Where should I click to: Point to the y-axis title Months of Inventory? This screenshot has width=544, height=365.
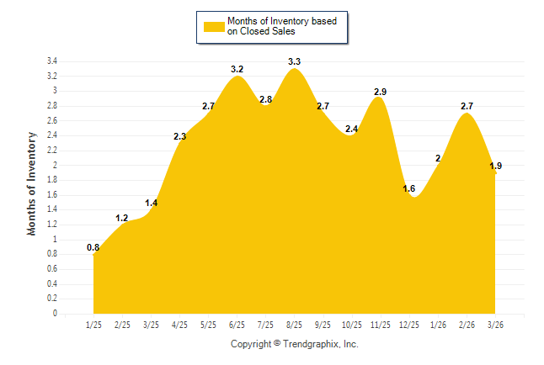click(32, 182)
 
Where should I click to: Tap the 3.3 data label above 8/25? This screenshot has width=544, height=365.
click(295, 61)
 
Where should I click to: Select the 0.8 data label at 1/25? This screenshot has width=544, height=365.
click(93, 247)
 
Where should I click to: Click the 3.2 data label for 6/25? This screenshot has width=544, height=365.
click(237, 69)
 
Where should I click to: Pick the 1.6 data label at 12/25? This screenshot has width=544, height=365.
click(409, 188)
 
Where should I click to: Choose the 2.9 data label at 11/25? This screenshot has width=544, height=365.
click(381, 91)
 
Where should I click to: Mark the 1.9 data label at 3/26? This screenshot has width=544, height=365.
click(495, 167)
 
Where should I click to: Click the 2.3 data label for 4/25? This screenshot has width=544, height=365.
click(179, 136)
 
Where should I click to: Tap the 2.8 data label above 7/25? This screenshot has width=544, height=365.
click(265, 99)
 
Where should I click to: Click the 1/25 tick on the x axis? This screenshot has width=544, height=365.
click(93, 325)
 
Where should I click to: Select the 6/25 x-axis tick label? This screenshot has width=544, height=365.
click(237, 325)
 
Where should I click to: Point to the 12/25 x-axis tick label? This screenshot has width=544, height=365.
click(409, 325)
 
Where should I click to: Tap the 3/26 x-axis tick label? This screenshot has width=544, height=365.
click(495, 325)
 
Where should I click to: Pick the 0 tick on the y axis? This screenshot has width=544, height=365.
click(55, 314)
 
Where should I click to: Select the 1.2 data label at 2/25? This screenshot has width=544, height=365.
click(122, 219)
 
